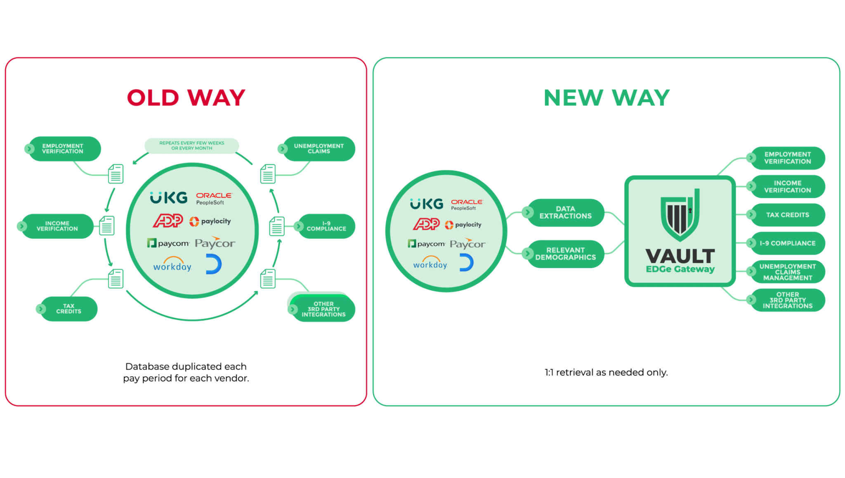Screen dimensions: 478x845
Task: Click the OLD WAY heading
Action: (186, 98)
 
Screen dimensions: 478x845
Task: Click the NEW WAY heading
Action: (607, 98)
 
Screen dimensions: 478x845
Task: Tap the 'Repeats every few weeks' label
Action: (191, 145)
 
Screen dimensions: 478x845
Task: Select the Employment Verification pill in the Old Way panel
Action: (63, 149)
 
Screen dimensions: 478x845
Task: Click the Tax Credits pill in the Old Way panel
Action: (68, 309)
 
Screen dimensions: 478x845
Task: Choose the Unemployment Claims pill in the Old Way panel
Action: (318, 149)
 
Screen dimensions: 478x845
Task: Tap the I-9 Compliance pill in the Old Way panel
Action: (326, 226)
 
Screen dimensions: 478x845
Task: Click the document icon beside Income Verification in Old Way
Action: (107, 226)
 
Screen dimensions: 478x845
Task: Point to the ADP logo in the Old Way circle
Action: (168, 221)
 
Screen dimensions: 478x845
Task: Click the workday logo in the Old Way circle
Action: (172, 265)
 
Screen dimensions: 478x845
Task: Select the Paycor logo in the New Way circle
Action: (467, 244)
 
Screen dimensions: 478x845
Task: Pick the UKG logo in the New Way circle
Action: (427, 204)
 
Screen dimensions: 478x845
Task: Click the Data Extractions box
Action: (565, 212)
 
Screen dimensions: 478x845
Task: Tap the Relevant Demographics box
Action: (565, 254)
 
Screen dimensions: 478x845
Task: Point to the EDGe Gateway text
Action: (680, 269)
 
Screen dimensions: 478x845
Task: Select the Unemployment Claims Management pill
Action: (787, 272)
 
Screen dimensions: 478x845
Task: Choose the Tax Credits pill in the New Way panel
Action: (787, 215)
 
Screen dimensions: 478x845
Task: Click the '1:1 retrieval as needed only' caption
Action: (606, 372)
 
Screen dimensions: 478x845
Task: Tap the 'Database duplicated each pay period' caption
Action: (186, 372)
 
